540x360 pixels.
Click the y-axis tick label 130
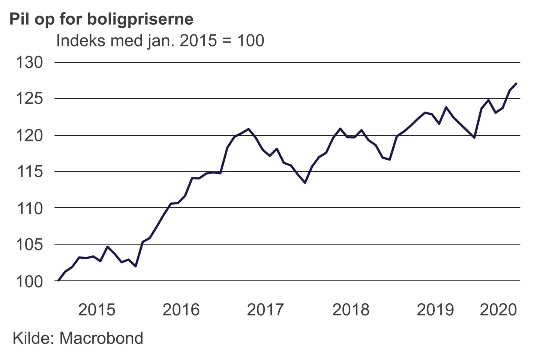(x=29, y=62)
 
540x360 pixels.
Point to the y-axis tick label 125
(x=29, y=99)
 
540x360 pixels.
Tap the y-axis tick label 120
(x=29, y=135)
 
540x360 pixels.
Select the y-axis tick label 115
(x=29, y=172)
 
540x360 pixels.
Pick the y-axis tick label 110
(x=29, y=208)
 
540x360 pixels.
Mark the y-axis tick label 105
(x=29, y=244)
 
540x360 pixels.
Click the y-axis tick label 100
(x=29, y=281)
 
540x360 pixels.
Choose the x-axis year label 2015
(x=97, y=310)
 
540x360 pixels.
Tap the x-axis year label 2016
(x=181, y=310)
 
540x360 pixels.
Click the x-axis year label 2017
(x=265, y=310)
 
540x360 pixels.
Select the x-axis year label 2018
(x=351, y=310)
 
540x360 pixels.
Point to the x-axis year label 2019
(x=435, y=310)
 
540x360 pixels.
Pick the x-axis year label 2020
(x=498, y=310)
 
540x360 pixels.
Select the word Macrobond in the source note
(x=101, y=338)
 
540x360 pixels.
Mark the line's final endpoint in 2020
(x=516, y=83)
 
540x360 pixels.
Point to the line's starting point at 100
(x=58, y=280)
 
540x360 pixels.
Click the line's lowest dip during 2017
(x=305, y=183)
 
